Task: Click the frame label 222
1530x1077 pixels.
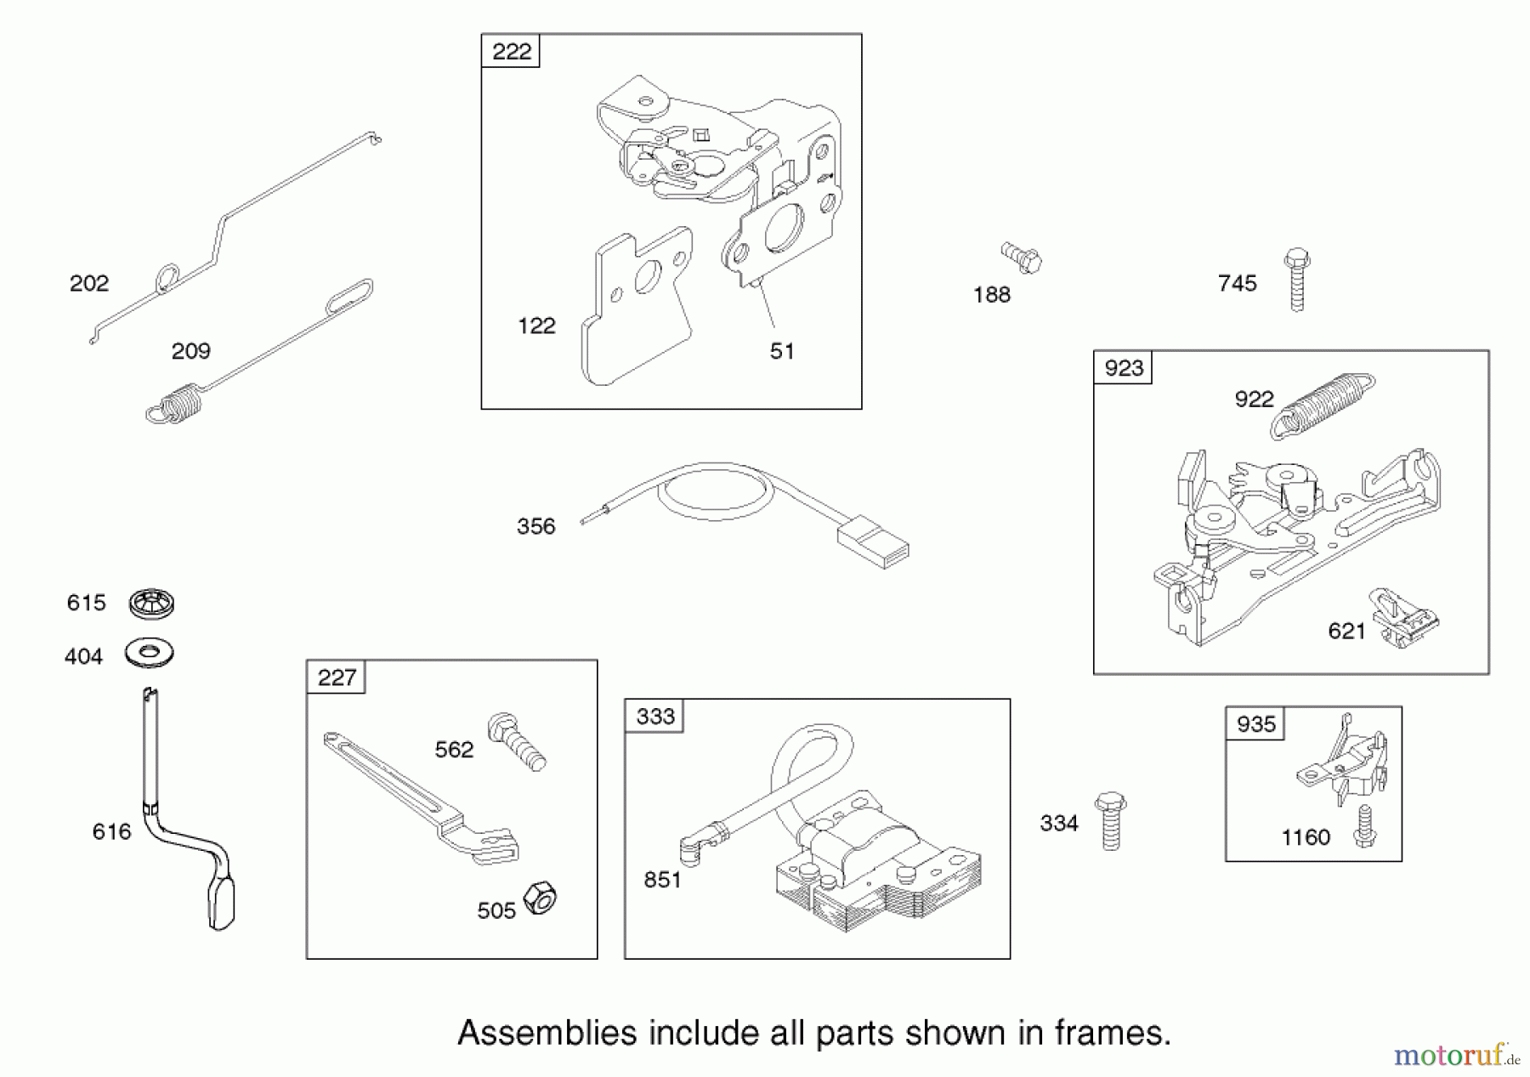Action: coord(511,51)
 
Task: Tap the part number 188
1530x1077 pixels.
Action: coord(991,295)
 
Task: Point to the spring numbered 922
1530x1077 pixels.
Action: coord(1323,404)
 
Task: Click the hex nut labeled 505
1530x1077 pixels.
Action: coord(539,898)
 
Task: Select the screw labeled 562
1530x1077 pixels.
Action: coord(516,741)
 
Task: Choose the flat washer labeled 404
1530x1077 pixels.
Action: coord(150,653)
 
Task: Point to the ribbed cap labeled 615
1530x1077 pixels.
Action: coord(151,603)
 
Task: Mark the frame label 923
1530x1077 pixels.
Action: coord(1123,368)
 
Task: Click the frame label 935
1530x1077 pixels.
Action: coord(1255,723)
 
